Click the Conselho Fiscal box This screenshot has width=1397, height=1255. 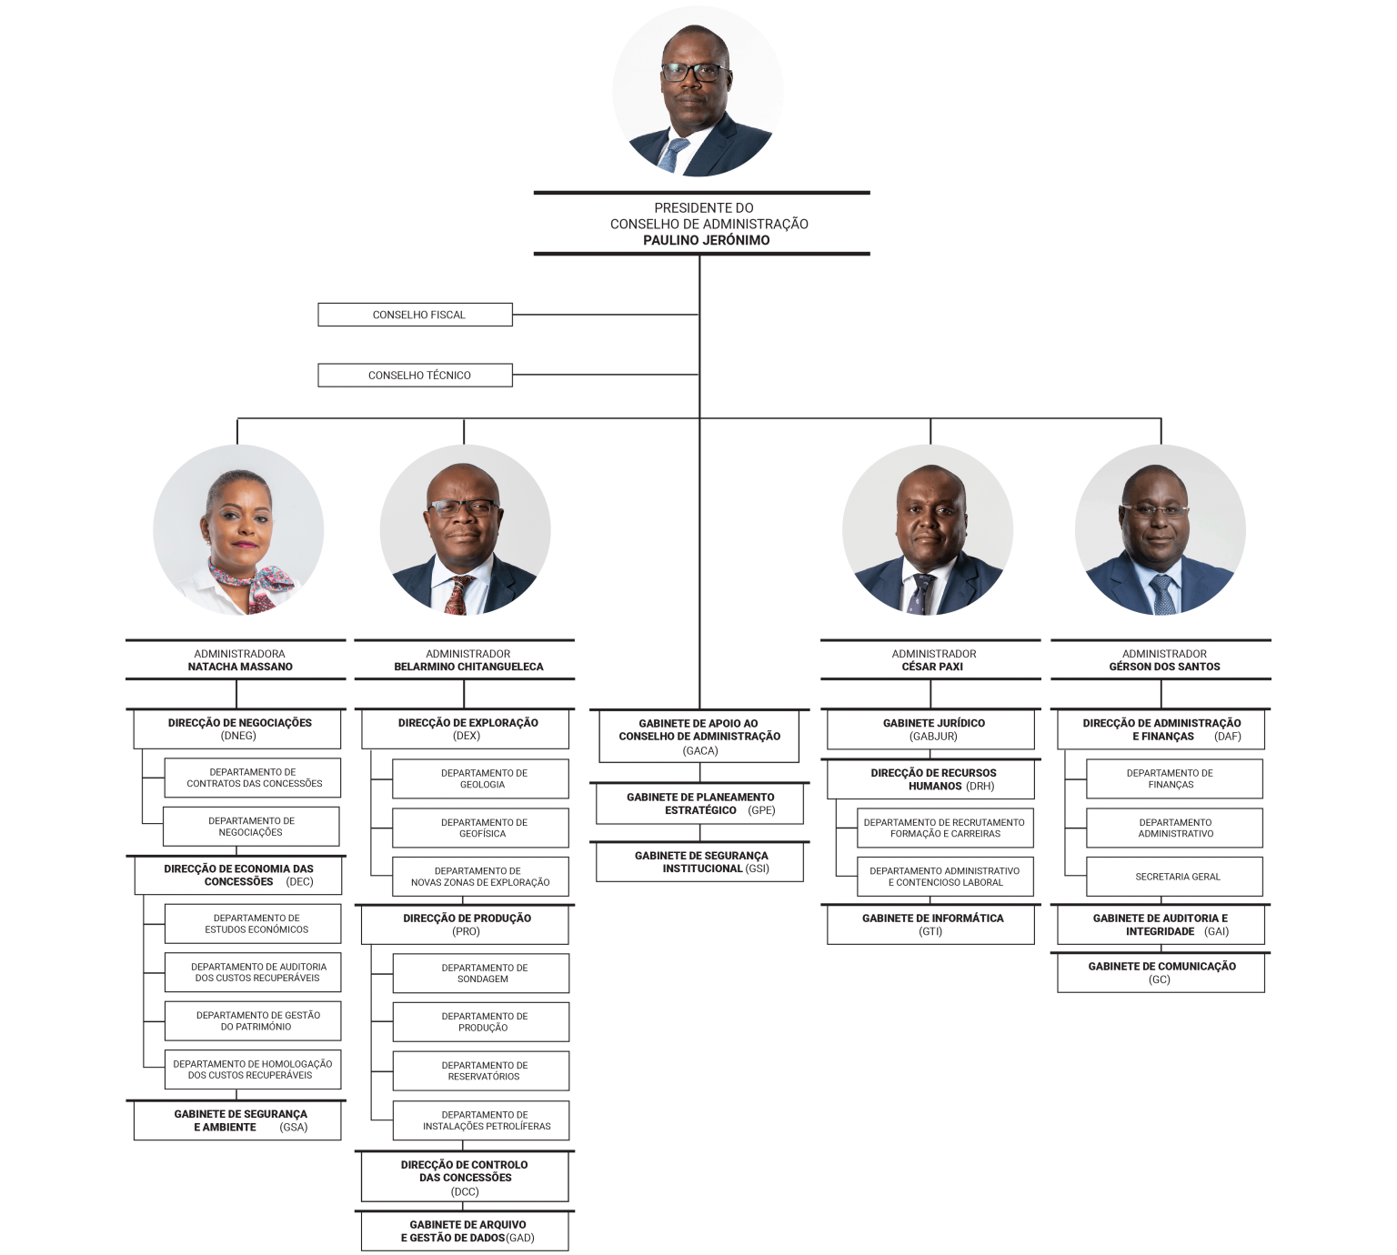click(x=415, y=315)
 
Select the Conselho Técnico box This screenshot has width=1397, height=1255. click(x=415, y=375)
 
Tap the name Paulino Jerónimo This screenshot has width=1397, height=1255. click(x=706, y=240)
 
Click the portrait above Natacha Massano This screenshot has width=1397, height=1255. click(x=238, y=529)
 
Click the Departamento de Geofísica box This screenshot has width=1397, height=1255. click(x=480, y=828)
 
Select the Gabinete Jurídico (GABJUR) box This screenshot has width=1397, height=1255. click(x=930, y=728)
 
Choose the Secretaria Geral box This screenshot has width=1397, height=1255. click(x=1174, y=877)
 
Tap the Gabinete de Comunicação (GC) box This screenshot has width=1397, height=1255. click(x=1161, y=972)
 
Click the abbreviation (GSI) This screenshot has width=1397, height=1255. click(x=757, y=868)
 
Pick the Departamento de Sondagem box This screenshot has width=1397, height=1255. click(x=481, y=973)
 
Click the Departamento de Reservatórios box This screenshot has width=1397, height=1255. click(x=481, y=1071)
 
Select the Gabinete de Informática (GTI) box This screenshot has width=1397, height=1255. click(x=930, y=924)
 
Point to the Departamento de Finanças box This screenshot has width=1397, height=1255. click(x=1174, y=778)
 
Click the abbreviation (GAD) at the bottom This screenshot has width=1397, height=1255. click(x=520, y=1238)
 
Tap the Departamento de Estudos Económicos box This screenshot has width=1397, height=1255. click(x=252, y=923)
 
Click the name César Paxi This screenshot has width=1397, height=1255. click(x=932, y=666)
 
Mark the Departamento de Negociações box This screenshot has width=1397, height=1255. click(x=251, y=826)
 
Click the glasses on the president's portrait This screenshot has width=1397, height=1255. click(x=694, y=73)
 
